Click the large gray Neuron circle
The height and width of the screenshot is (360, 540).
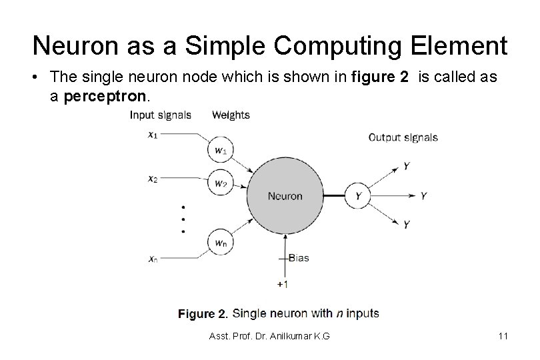285,196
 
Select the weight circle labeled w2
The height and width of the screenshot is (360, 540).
220,183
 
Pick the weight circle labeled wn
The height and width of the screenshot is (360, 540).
220,242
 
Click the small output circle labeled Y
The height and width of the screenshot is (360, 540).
358,196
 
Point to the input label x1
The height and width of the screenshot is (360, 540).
153,134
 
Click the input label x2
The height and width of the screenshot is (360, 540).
153,179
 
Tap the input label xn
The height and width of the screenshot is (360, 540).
153,259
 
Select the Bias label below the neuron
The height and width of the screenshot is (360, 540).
298,258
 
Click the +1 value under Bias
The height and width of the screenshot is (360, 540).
283,284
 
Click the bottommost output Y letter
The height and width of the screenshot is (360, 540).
406,225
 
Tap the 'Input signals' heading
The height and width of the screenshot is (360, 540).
160,115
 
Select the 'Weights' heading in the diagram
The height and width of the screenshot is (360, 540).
231,115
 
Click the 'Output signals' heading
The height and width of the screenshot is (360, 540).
403,138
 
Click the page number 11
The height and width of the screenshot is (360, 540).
503,337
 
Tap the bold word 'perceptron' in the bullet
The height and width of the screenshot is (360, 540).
102,96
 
